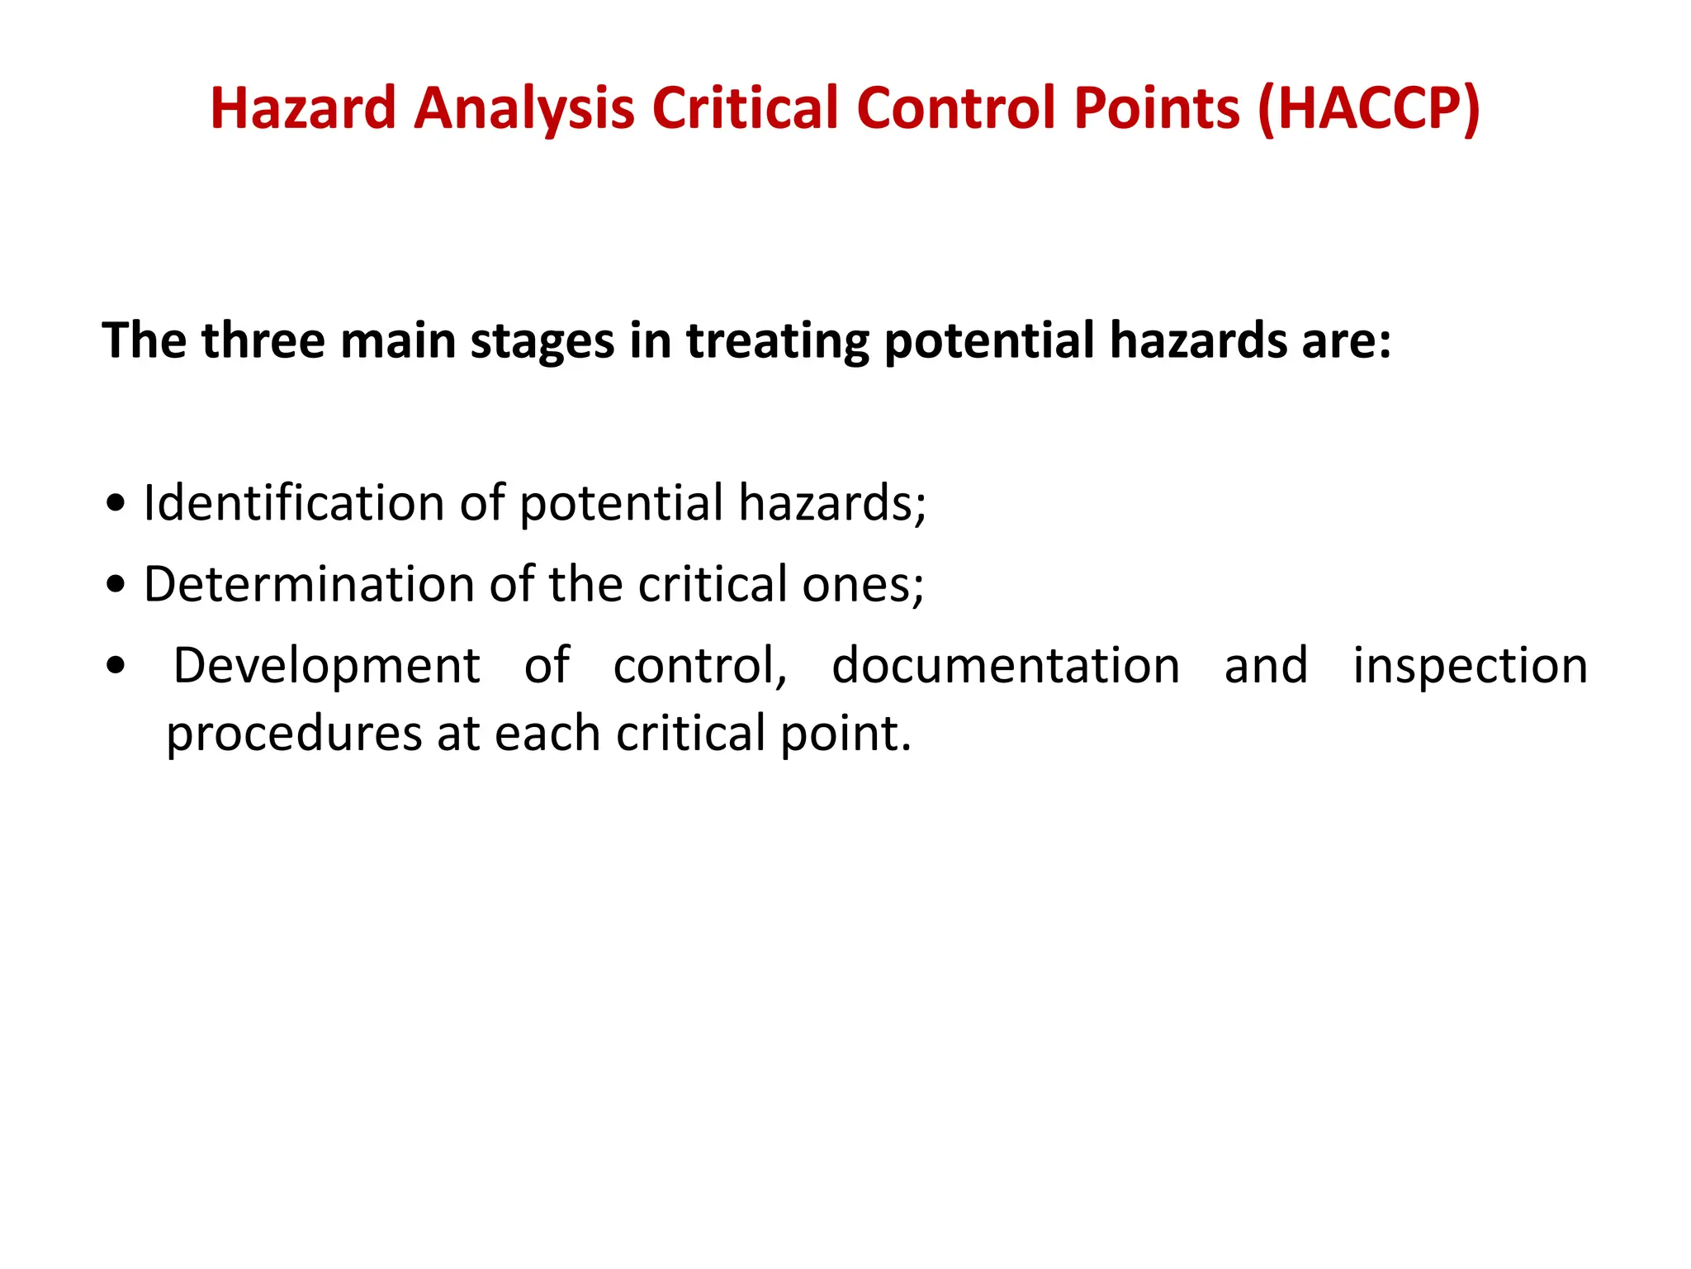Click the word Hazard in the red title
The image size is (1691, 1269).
pyautogui.click(x=303, y=108)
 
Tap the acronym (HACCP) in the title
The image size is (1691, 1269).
pyautogui.click(x=1369, y=108)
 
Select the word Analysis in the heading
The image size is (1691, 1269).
pyautogui.click(x=523, y=108)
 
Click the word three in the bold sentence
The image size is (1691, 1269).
pyautogui.click(x=263, y=340)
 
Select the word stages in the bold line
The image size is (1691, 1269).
pyautogui.click(x=542, y=340)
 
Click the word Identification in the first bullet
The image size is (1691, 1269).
pyautogui.click(x=294, y=502)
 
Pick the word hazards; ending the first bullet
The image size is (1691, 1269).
pyautogui.click(x=832, y=502)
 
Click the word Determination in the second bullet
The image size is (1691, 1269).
pyautogui.click(x=309, y=584)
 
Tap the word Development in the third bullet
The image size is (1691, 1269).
pyautogui.click(x=326, y=666)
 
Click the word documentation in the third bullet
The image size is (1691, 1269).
pyautogui.click(x=1006, y=666)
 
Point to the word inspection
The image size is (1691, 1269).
pyautogui.click(x=1470, y=666)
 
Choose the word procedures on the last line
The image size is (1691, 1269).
pyautogui.click(x=294, y=734)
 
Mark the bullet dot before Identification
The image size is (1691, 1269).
pyautogui.click(x=116, y=504)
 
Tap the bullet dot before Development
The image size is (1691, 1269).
pyautogui.click(x=116, y=666)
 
